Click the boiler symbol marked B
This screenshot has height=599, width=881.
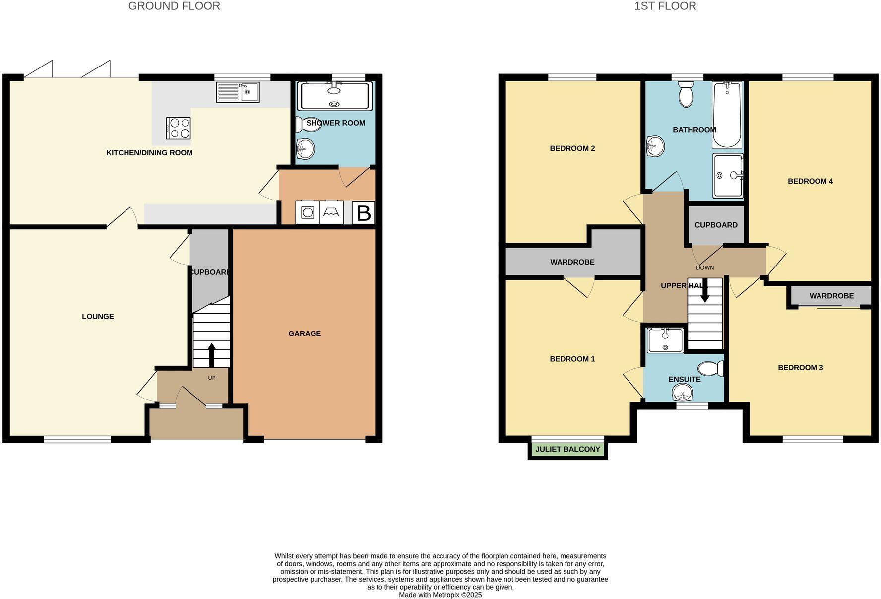363,213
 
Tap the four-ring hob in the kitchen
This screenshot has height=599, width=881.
178,128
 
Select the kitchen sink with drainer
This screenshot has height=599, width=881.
238,92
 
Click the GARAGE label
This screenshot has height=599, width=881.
305,333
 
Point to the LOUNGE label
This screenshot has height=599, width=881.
98,316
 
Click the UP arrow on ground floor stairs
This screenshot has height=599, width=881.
211,354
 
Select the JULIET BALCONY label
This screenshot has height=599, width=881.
567,449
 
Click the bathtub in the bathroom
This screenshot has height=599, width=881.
727,115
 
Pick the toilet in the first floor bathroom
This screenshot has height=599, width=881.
686,94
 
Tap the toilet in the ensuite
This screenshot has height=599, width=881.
710,369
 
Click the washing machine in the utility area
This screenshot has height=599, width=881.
308,212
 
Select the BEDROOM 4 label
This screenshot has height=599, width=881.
810,181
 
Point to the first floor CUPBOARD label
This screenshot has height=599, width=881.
716,225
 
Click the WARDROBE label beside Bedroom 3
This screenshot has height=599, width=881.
831,296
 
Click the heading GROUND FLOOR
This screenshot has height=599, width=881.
174,6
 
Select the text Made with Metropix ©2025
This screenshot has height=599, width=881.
440,595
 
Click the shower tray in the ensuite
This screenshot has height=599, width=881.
665,340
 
